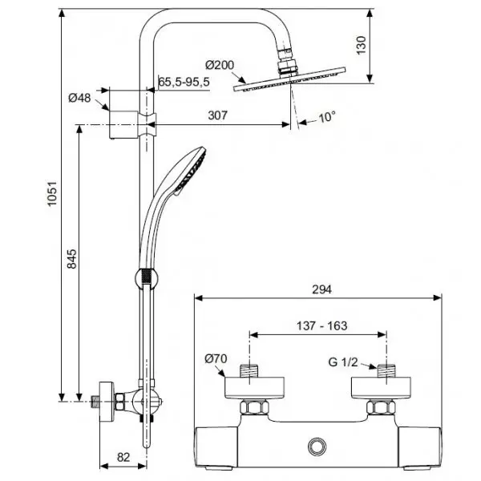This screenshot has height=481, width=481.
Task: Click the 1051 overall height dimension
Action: pos(52,194)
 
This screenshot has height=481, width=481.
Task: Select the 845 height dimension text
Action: pos(72,259)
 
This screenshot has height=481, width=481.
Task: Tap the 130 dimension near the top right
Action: pos(361,46)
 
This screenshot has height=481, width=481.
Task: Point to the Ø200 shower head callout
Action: pos(220,65)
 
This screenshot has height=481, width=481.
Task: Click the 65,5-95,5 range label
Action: pos(184,82)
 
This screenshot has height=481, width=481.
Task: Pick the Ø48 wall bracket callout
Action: pos(79,98)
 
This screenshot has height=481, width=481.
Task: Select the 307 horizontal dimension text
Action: pos(218,115)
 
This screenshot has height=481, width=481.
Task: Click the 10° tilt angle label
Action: pos(327,117)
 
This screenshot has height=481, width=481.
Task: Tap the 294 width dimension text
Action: pos(321,289)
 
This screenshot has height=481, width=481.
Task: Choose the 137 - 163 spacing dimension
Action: pos(321,325)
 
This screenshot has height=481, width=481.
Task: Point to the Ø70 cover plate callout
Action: pos(216,358)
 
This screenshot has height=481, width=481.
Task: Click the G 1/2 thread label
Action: pos(343,362)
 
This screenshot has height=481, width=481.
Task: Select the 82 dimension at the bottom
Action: pos(123,458)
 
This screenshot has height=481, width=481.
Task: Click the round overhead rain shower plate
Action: pos(289,79)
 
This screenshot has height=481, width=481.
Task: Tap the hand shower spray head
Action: pos(190,171)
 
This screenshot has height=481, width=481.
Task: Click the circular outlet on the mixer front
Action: pos(317,447)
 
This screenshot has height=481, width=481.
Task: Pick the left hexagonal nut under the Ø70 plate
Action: pos(255,407)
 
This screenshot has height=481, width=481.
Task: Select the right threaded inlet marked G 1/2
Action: pos(386,371)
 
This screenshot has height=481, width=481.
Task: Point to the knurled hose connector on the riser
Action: pos(147,278)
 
